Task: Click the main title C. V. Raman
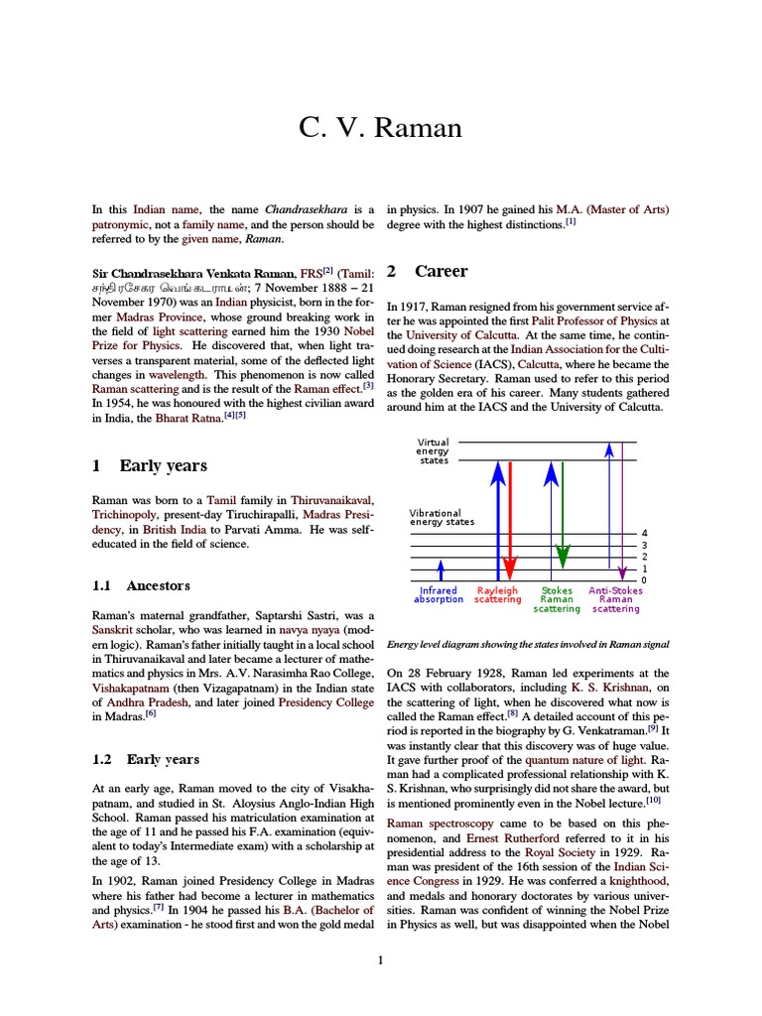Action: pos(380,128)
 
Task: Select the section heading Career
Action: pos(441,271)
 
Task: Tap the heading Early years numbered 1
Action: pos(163,465)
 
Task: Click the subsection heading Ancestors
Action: pos(159,585)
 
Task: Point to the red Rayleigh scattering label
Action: pos(497,595)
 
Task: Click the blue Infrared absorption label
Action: pos(439,595)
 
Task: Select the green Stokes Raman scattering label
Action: pos(557,599)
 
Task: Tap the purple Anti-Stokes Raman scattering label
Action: pos(615,599)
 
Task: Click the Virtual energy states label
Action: pos(433,451)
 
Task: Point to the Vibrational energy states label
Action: pos(442,518)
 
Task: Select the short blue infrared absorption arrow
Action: pos(442,570)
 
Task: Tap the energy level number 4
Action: pos(644,534)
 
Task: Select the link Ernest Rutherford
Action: pos(507,837)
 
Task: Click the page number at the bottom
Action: pos(380,959)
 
